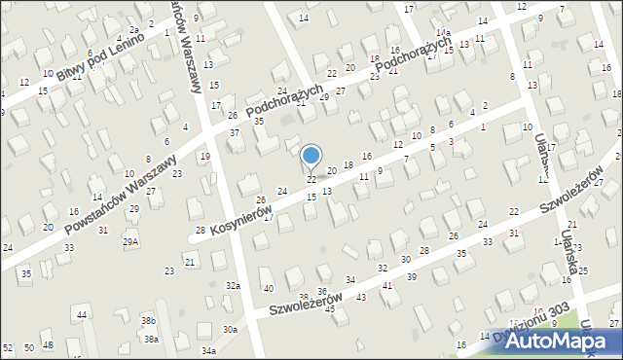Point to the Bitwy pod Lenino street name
[99, 55]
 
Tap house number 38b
[148, 320]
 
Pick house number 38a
[151, 339]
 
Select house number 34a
[208, 350]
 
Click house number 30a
[230, 330]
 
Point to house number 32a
[233, 285]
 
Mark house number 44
[83, 315]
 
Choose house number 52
[8, 347]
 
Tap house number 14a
[443, 33]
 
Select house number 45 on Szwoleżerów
[330, 308]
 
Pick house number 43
[360, 297]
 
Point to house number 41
[387, 285]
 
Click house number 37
[234, 132]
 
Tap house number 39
[412, 277]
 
